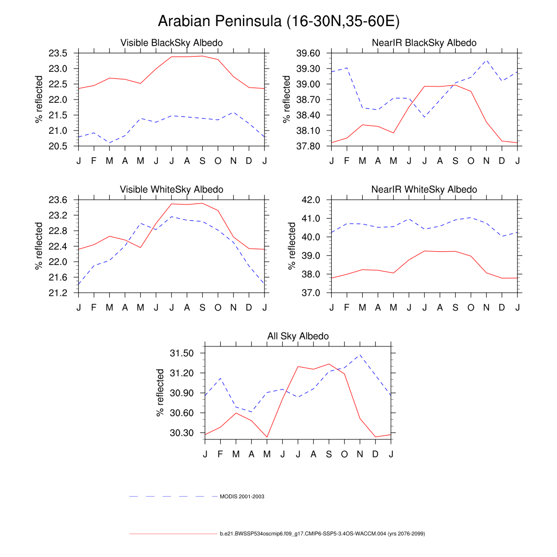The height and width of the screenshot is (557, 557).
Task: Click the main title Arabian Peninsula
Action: tap(278, 21)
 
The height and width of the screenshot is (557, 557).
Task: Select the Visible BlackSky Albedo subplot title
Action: tap(171, 42)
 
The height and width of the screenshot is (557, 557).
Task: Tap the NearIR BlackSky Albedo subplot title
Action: tap(424, 42)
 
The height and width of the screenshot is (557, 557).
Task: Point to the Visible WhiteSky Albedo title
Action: tap(171, 189)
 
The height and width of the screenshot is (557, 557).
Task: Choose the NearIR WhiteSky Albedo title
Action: tap(424, 189)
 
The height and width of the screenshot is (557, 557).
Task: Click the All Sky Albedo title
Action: tap(298, 336)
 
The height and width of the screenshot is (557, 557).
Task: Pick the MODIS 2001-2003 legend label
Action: tap(242, 497)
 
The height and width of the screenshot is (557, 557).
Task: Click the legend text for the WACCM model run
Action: tap(322, 534)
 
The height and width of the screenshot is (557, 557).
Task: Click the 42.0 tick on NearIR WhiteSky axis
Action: tap(311, 200)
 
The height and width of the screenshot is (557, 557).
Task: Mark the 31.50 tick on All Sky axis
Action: tap(182, 354)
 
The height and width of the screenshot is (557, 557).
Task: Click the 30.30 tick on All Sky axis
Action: tap(182, 433)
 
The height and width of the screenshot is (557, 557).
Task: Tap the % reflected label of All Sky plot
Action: tap(160, 392)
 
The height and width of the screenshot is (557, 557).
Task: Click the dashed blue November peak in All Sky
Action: tap(360, 355)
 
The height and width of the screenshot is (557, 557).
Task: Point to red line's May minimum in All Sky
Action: tap(267, 437)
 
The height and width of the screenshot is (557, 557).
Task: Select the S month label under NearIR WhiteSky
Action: tap(455, 307)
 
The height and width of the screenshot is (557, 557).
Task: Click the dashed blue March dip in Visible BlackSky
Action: tap(109, 143)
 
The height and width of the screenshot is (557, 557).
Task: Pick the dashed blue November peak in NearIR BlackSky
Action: tap(487, 60)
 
